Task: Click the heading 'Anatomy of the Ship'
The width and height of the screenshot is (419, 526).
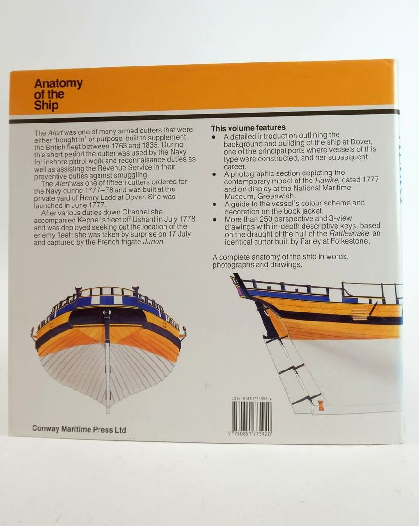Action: click(x=58, y=94)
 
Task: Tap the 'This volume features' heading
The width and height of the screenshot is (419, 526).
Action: click(x=248, y=127)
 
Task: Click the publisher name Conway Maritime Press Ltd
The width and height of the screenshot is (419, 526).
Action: click(x=79, y=429)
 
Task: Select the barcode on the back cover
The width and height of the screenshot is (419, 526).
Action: click(x=252, y=416)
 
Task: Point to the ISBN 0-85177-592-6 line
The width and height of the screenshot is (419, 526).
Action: click(x=252, y=399)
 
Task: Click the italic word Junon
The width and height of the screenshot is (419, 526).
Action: click(x=153, y=241)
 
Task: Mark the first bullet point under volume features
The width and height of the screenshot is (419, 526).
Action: click(x=214, y=137)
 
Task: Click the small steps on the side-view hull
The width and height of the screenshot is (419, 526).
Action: click(x=358, y=315)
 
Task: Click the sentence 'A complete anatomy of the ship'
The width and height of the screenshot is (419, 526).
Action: click(x=281, y=261)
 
